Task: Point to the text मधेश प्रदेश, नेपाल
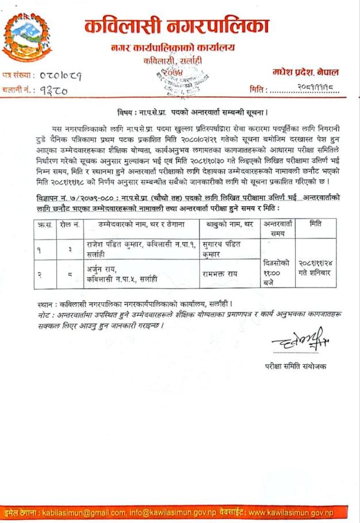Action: (x=305, y=72)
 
